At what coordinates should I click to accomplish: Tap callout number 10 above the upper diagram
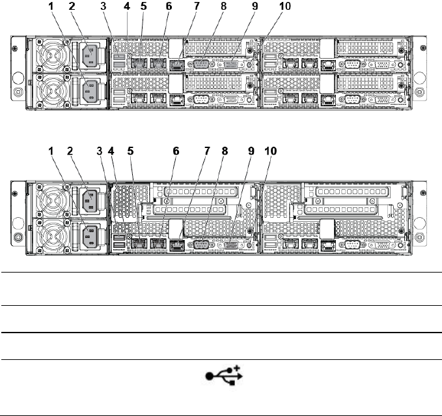pyautogui.click(x=284, y=7)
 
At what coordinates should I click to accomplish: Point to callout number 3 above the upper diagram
pyautogui.click(x=104, y=7)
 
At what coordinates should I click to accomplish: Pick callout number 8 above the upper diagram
pyautogui.click(x=223, y=7)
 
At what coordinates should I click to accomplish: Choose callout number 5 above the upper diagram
pyautogui.click(x=144, y=7)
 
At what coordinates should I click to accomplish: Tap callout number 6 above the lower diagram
pyautogui.click(x=175, y=151)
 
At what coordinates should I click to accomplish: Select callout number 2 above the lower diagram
pyautogui.click(x=72, y=151)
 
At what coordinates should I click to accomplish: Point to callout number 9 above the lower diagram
pyautogui.click(x=251, y=151)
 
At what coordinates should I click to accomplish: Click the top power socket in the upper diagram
pyautogui.click(x=89, y=55)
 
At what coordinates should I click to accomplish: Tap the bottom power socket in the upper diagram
pyautogui.click(x=89, y=90)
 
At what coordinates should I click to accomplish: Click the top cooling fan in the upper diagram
pyautogui.click(x=49, y=55)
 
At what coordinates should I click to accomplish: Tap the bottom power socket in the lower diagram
pyautogui.click(x=89, y=235)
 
